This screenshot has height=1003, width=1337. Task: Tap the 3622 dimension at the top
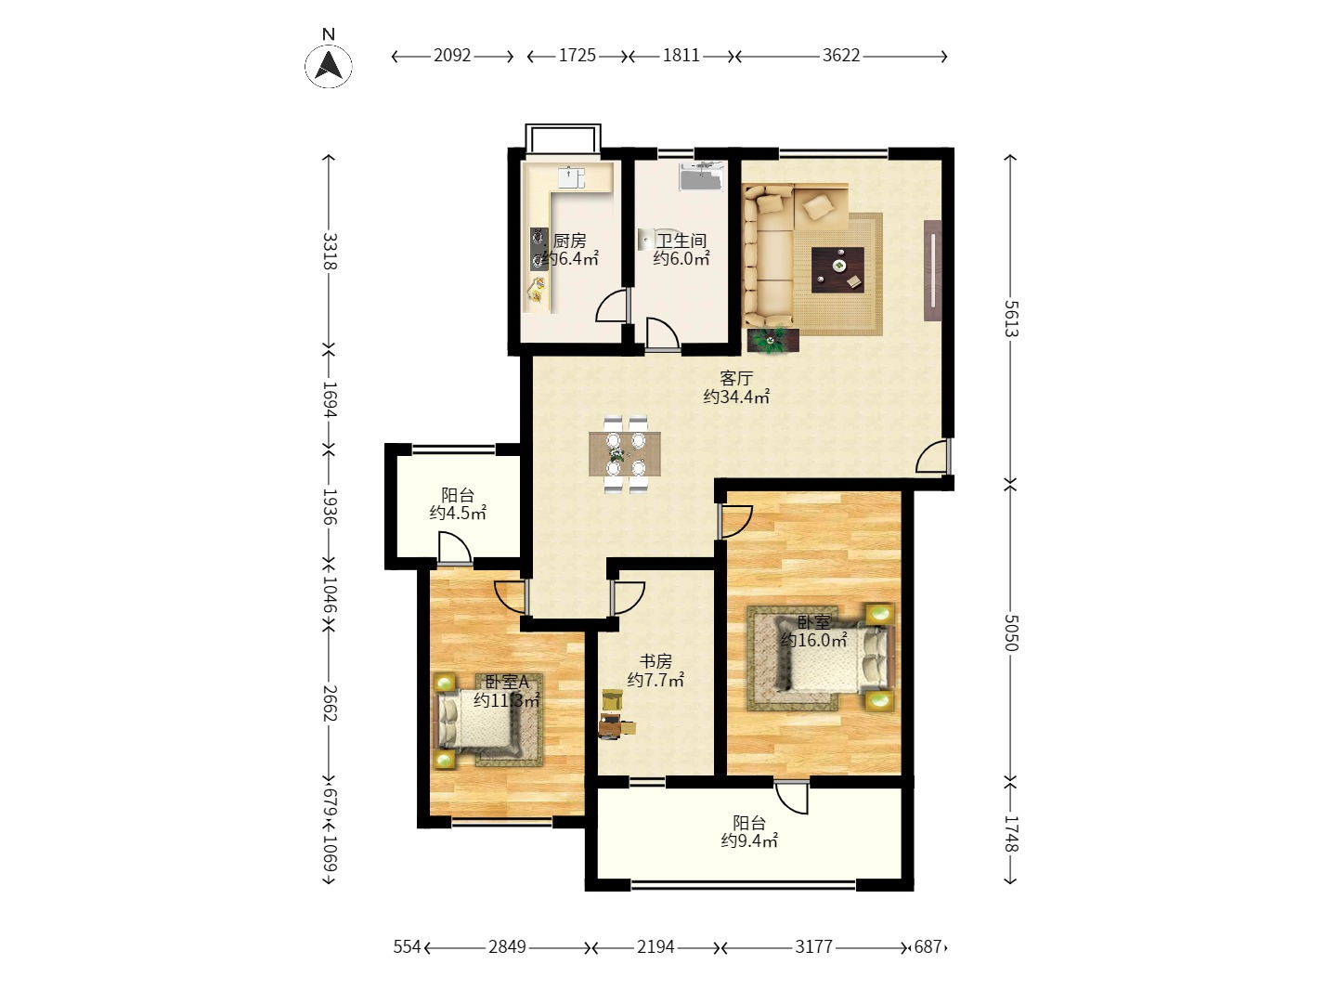tap(841, 56)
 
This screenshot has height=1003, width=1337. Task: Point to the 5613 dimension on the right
tap(1010, 319)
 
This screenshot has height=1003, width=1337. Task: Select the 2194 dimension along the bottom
tap(656, 947)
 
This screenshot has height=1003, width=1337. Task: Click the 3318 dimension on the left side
tap(330, 251)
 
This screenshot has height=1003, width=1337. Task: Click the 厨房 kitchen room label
tap(569, 241)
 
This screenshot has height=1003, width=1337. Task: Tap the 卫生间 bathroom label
tap(681, 241)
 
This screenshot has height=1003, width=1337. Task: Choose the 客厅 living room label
tap(736, 378)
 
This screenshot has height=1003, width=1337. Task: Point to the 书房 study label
tap(656, 660)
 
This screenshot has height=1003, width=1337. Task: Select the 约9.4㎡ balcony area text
tap(749, 841)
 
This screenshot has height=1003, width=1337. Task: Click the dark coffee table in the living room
tap(837, 269)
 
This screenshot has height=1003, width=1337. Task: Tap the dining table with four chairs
tap(625, 454)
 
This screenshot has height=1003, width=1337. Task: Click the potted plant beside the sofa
tap(773, 341)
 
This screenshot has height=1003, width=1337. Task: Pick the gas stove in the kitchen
tap(539, 249)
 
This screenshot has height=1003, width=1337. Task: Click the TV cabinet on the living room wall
tap(932, 270)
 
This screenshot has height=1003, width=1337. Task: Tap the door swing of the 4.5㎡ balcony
tap(454, 546)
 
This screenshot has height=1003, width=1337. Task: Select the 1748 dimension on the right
tap(1010, 833)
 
